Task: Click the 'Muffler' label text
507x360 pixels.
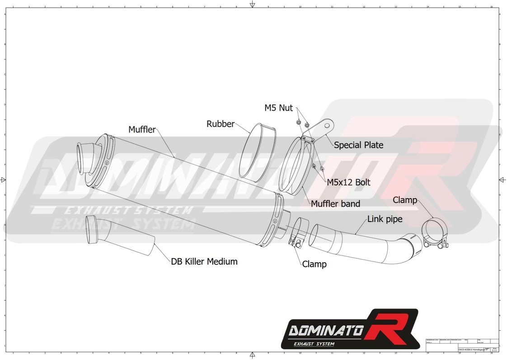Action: (142, 130)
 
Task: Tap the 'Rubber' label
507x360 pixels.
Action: (220, 124)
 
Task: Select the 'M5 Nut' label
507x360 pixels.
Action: (278, 108)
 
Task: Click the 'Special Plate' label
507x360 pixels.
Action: (358, 145)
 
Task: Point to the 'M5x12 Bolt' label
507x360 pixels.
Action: (348, 182)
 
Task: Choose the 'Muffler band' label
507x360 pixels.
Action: (335, 204)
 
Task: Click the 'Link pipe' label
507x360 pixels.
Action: (385, 219)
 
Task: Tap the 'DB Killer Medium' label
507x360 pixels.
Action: (204, 261)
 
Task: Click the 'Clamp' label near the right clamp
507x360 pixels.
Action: (404, 200)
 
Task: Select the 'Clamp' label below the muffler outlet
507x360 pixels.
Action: (314, 264)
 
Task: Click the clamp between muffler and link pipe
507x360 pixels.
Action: (296, 233)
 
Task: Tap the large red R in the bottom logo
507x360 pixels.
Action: (390, 327)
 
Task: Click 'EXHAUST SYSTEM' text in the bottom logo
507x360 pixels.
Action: (314, 345)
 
